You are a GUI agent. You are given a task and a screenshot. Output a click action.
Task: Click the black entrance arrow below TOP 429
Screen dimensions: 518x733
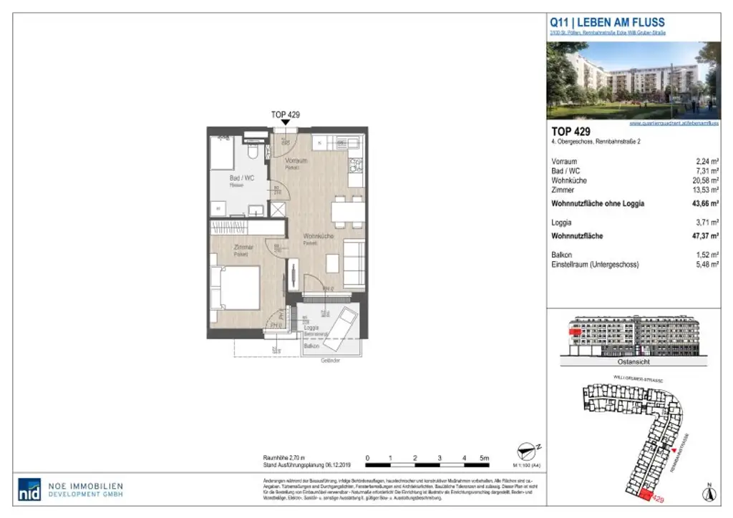pyautogui.click(x=286, y=123)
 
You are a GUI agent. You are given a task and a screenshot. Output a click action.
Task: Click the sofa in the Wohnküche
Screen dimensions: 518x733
pyautogui.click(x=353, y=263)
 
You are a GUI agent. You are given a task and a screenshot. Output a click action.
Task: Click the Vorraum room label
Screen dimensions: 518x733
pyautogui.click(x=296, y=161)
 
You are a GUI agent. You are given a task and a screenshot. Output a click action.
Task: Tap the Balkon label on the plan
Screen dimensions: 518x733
pyautogui.click(x=311, y=346)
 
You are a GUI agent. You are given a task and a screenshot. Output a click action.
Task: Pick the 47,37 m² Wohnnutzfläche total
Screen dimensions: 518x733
pyautogui.click(x=704, y=236)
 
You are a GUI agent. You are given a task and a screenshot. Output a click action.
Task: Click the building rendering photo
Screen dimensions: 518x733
pyautogui.click(x=633, y=80)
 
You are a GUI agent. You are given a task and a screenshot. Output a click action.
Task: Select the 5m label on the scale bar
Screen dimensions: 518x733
pyautogui.click(x=484, y=457)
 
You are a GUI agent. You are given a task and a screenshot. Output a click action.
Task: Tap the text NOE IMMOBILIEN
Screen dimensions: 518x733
pyautogui.click(x=86, y=484)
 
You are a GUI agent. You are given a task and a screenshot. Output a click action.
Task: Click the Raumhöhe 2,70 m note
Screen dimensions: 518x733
pyautogui.click(x=284, y=456)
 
